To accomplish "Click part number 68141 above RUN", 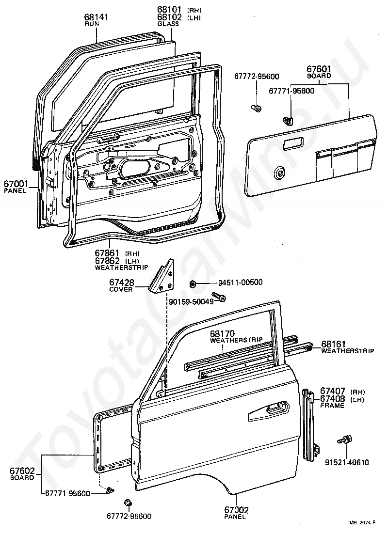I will coord(96,17).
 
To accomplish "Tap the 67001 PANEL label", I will coord(16,184).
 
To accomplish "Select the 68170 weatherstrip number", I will coord(222,334).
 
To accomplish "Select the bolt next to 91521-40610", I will coord(344,440).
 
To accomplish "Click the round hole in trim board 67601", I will coord(280,173).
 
